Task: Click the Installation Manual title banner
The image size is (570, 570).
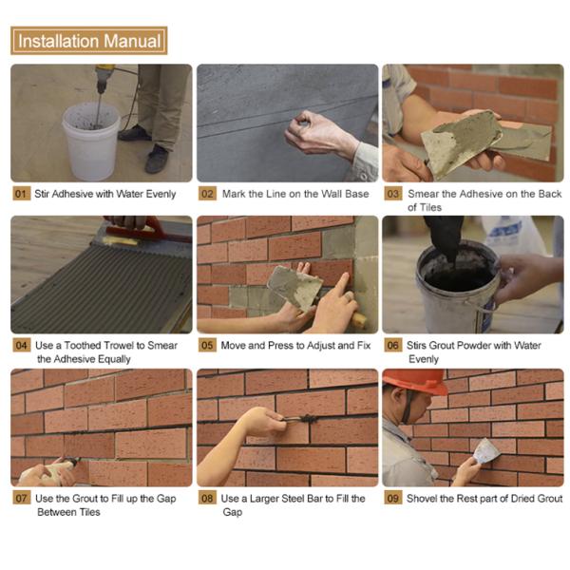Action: point(89,41)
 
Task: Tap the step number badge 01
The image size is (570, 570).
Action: point(22,194)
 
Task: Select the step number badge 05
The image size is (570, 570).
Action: point(207,345)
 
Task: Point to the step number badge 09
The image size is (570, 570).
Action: point(393,498)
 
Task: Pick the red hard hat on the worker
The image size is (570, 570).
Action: point(417,381)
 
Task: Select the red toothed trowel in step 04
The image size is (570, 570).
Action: point(145,231)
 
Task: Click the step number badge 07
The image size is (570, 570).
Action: point(22,498)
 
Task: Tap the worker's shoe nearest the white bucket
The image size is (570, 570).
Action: point(134,133)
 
